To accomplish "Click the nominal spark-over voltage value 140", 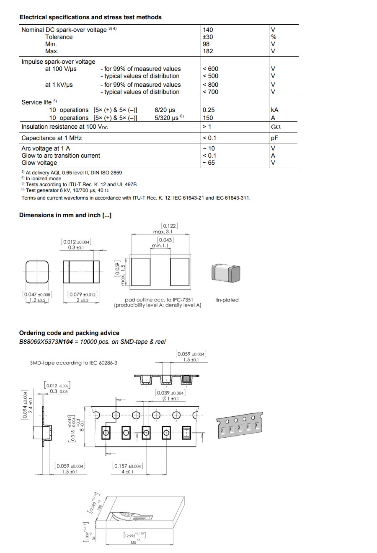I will click(x=208, y=30).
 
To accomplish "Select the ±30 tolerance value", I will click(x=208, y=37).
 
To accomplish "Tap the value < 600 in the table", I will click(x=210, y=69).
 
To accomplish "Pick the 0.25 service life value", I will click(x=208, y=110).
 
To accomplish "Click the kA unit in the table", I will click(x=274, y=110).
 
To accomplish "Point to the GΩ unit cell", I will click(x=276, y=127).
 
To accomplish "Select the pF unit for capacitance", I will click(x=275, y=138).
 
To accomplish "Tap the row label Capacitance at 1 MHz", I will click(x=52, y=138).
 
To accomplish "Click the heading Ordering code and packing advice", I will click(x=69, y=333).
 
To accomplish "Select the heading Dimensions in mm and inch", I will click(x=65, y=215).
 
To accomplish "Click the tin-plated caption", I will click(x=227, y=300).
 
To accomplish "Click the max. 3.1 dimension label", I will click(x=163, y=231).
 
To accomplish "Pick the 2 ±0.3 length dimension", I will click(x=82, y=300).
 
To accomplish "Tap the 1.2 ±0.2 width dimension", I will click(x=36, y=300).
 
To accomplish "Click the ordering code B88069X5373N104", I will click(x=46, y=342).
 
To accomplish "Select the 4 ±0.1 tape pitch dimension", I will click(x=127, y=472).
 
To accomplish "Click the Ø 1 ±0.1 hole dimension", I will click(x=170, y=398).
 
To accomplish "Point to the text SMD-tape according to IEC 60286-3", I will click(x=74, y=363).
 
